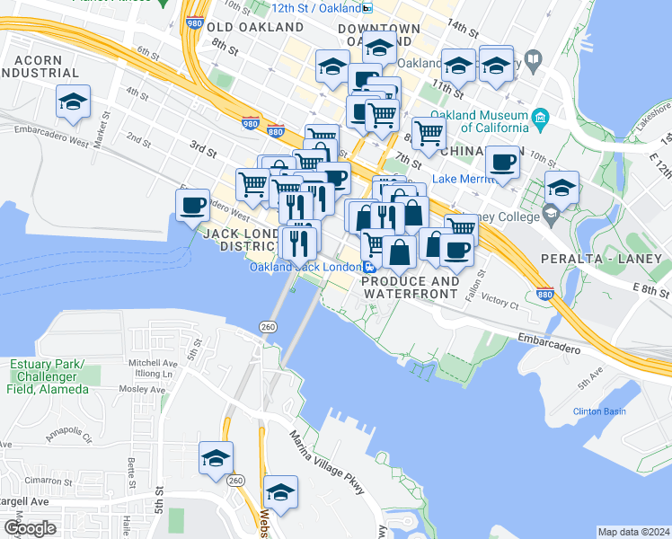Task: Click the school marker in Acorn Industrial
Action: click(x=73, y=102)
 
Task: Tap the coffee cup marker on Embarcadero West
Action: click(x=192, y=206)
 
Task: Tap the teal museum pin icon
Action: click(x=540, y=118)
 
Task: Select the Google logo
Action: click(x=30, y=527)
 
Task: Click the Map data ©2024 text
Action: click(x=632, y=532)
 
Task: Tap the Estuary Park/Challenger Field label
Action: click(x=49, y=376)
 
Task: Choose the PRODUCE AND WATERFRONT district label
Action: click(x=410, y=287)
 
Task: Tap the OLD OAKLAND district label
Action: click(x=245, y=27)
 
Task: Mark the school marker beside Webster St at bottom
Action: click(x=281, y=493)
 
